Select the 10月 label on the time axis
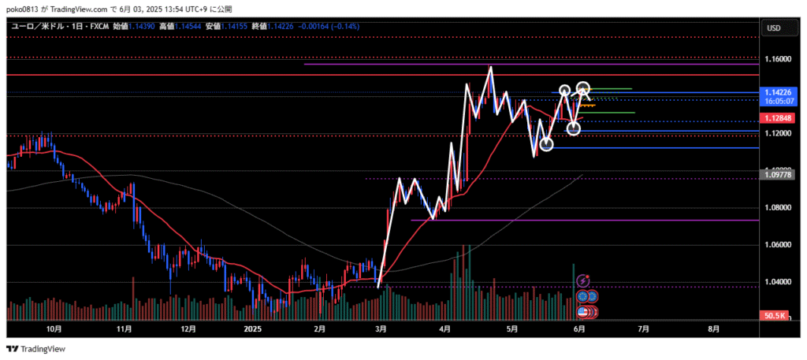click(x=54, y=328)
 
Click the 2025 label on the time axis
click(x=252, y=328)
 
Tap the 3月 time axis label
click(x=380, y=328)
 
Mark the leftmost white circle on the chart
click(x=546, y=144)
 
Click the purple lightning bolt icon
click(x=583, y=280)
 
